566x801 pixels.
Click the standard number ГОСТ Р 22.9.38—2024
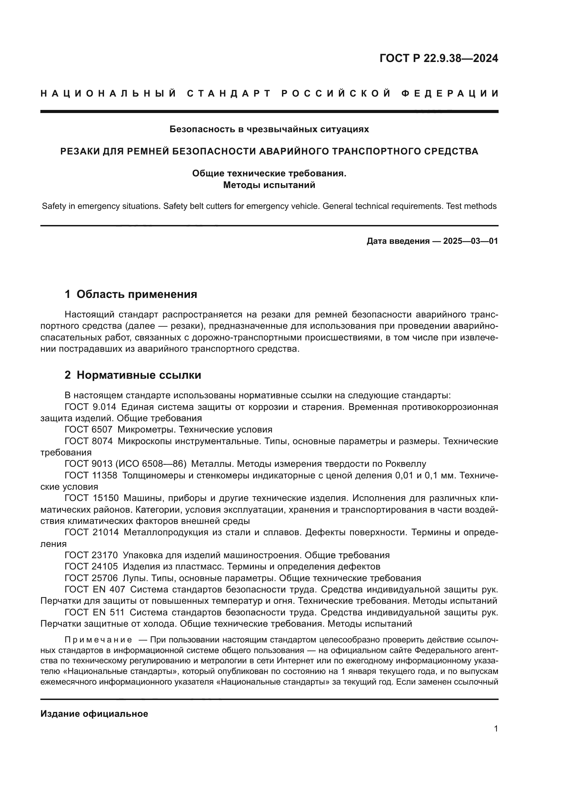[x=438, y=58]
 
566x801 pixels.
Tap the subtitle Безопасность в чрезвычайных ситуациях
[x=269, y=129]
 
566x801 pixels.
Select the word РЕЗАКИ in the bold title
[x=79, y=151]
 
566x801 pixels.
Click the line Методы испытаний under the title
[x=269, y=185]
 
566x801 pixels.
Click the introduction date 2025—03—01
[x=470, y=241]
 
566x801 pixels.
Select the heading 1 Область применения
[x=131, y=294]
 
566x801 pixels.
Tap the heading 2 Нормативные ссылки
[x=133, y=375]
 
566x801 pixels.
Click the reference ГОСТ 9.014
[x=90, y=407]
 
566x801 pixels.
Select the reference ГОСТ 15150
[x=91, y=498]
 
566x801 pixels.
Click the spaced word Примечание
[x=98, y=640]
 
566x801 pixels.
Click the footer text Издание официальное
[x=94, y=714]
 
